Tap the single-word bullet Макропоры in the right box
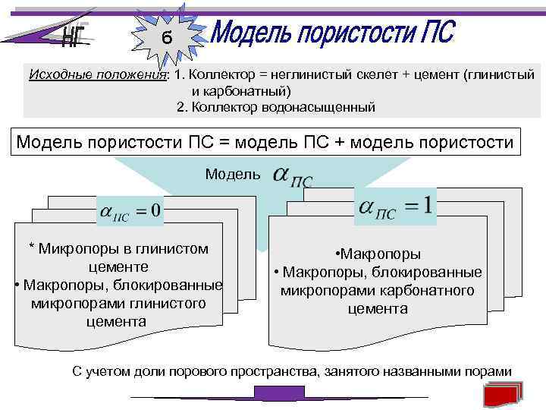[x=379, y=255]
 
